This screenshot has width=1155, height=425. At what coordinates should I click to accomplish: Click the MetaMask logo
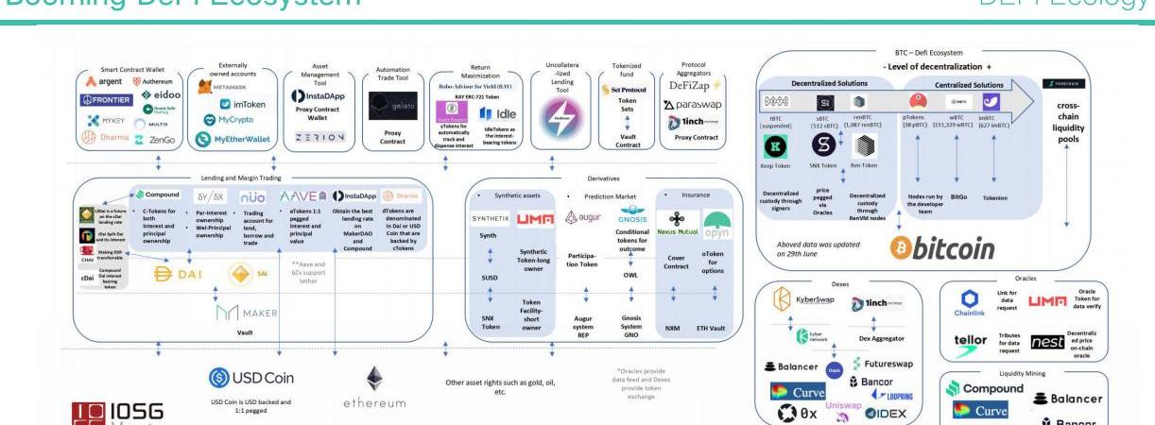pos(222,87)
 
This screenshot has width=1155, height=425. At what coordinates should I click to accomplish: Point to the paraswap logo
pos(698,105)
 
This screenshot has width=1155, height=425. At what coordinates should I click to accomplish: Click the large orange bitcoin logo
pos(942,246)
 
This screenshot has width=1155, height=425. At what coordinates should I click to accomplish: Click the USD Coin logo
pos(250,379)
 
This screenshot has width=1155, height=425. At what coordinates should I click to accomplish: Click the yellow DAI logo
pos(181,274)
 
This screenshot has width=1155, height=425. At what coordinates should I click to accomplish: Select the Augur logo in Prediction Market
pos(582,218)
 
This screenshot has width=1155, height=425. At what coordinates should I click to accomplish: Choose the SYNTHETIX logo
pos(491,218)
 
